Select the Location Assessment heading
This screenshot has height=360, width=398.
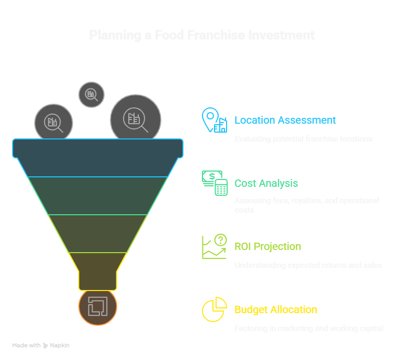[x=285, y=120]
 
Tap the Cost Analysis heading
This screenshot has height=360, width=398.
[x=266, y=183]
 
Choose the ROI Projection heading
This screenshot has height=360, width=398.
[x=268, y=246]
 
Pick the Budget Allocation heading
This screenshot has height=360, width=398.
[x=275, y=309]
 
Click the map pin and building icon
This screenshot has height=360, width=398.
[x=215, y=120]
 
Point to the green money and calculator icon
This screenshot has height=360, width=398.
[x=215, y=183]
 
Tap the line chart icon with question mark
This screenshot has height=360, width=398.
[x=215, y=246]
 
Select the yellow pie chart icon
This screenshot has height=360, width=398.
[x=214, y=309]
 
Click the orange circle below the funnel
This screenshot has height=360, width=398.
[x=98, y=307]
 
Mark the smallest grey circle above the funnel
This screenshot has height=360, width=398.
[x=91, y=95]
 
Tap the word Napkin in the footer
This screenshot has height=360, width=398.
[x=59, y=345]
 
